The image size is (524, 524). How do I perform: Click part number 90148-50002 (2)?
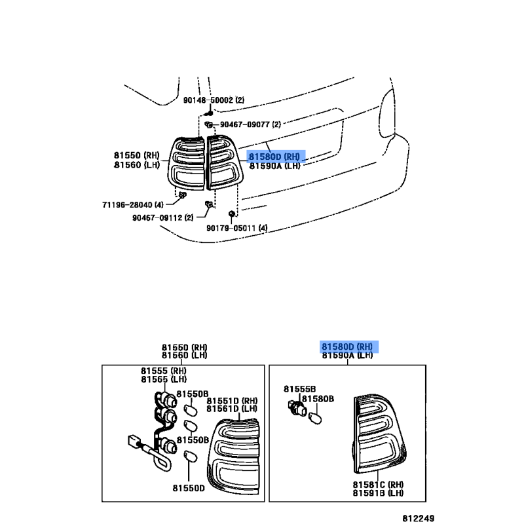tap(214, 100)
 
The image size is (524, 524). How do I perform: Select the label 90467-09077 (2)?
tap(250, 124)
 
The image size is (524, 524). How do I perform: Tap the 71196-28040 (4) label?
tap(133, 204)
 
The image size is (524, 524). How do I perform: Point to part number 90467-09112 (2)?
tap(162, 217)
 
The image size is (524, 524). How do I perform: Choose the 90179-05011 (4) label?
tap(237, 228)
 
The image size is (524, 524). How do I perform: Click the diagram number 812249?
tap(418, 518)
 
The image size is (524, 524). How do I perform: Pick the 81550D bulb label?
tap(189, 488)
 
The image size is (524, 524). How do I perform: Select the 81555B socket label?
tap(299, 389)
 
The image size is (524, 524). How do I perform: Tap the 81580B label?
tap(318, 399)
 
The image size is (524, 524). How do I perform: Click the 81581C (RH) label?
tap(378, 485)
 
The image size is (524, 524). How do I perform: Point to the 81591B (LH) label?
tap(378, 493)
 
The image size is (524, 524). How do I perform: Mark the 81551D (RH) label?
tap(232, 401)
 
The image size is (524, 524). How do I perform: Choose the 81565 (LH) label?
tap(164, 379)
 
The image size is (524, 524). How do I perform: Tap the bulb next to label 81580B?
tap(315, 419)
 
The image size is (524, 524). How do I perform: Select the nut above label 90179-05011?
tap(231, 214)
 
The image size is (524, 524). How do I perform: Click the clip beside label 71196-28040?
tap(183, 195)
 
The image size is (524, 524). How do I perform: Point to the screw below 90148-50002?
tap(210, 113)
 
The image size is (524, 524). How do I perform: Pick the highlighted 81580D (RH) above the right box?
tap(347, 347)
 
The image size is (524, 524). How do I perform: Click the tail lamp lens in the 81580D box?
tap(379, 434)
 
